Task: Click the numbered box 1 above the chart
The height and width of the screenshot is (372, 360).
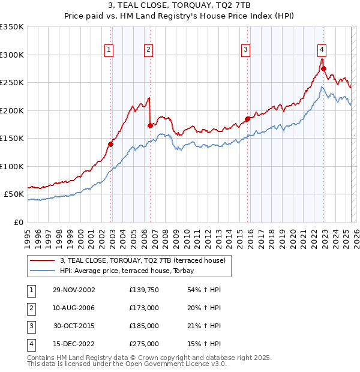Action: click(x=109, y=50)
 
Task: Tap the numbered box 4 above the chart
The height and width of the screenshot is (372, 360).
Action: click(x=322, y=50)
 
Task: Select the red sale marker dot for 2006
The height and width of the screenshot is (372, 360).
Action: click(x=150, y=125)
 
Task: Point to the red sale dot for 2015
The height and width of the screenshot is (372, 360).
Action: click(x=247, y=119)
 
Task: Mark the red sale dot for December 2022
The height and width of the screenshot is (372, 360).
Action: click(x=323, y=68)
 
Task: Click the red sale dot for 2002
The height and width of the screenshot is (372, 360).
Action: click(x=111, y=144)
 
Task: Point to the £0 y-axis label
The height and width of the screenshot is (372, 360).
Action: click(x=19, y=222)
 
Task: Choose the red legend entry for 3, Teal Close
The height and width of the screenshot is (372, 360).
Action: click(x=142, y=260)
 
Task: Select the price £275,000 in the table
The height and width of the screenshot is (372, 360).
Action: click(x=144, y=344)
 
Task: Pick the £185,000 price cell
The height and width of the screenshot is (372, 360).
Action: click(x=144, y=326)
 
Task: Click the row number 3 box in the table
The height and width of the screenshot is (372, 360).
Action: click(x=31, y=326)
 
